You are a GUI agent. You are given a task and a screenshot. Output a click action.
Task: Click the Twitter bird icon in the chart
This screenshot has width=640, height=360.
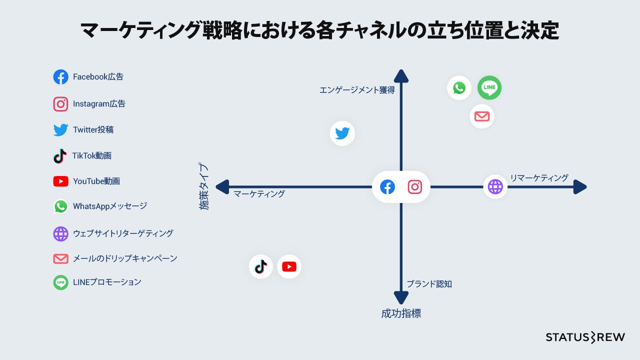[x=342, y=133]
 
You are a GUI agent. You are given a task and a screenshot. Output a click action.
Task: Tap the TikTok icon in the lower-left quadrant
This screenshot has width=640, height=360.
[x=260, y=266]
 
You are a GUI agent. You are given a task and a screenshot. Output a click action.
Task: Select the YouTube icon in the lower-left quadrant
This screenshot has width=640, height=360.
[x=289, y=266]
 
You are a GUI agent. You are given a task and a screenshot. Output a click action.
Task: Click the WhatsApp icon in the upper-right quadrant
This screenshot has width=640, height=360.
[x=459, y=88]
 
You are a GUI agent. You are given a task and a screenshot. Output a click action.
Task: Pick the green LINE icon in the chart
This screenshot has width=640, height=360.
[x=489, y=88]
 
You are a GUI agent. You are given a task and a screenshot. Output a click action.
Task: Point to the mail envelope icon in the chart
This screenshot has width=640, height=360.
[x=481, y=116]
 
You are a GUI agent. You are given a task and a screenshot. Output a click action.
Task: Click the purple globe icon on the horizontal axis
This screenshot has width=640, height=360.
[x=495, y=186]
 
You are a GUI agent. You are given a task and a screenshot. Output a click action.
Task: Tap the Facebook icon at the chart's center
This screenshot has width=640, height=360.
[x=387, y=187]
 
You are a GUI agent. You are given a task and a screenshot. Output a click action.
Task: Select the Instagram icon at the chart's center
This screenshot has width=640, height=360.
[x=415, y=187]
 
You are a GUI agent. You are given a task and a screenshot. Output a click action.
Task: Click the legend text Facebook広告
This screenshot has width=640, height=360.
[x=98, y=77]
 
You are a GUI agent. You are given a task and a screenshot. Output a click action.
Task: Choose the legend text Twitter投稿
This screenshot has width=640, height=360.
[x=93, y=130]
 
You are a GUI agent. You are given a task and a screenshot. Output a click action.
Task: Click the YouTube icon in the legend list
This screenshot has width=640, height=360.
[x=60, y=181]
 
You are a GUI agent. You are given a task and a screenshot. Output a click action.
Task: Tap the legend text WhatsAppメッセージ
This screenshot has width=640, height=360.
[x=110, y=206]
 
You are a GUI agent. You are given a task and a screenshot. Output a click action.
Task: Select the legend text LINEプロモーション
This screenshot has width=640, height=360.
[x=107, y=282]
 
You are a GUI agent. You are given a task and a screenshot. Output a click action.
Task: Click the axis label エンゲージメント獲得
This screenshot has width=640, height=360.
[x=357, y=90]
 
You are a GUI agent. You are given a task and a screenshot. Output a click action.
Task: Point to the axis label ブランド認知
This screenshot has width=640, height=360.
[x=429, y=284]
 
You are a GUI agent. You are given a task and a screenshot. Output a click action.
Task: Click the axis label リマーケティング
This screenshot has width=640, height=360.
[x=539, y=177]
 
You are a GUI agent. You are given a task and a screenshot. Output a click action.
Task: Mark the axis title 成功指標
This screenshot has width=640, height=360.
[x=401, y=314]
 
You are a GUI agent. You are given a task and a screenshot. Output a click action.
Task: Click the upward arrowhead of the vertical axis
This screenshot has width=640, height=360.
[x=401, y=76]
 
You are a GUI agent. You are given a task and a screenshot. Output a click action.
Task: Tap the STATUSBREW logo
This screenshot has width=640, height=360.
[x=585, y=337]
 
